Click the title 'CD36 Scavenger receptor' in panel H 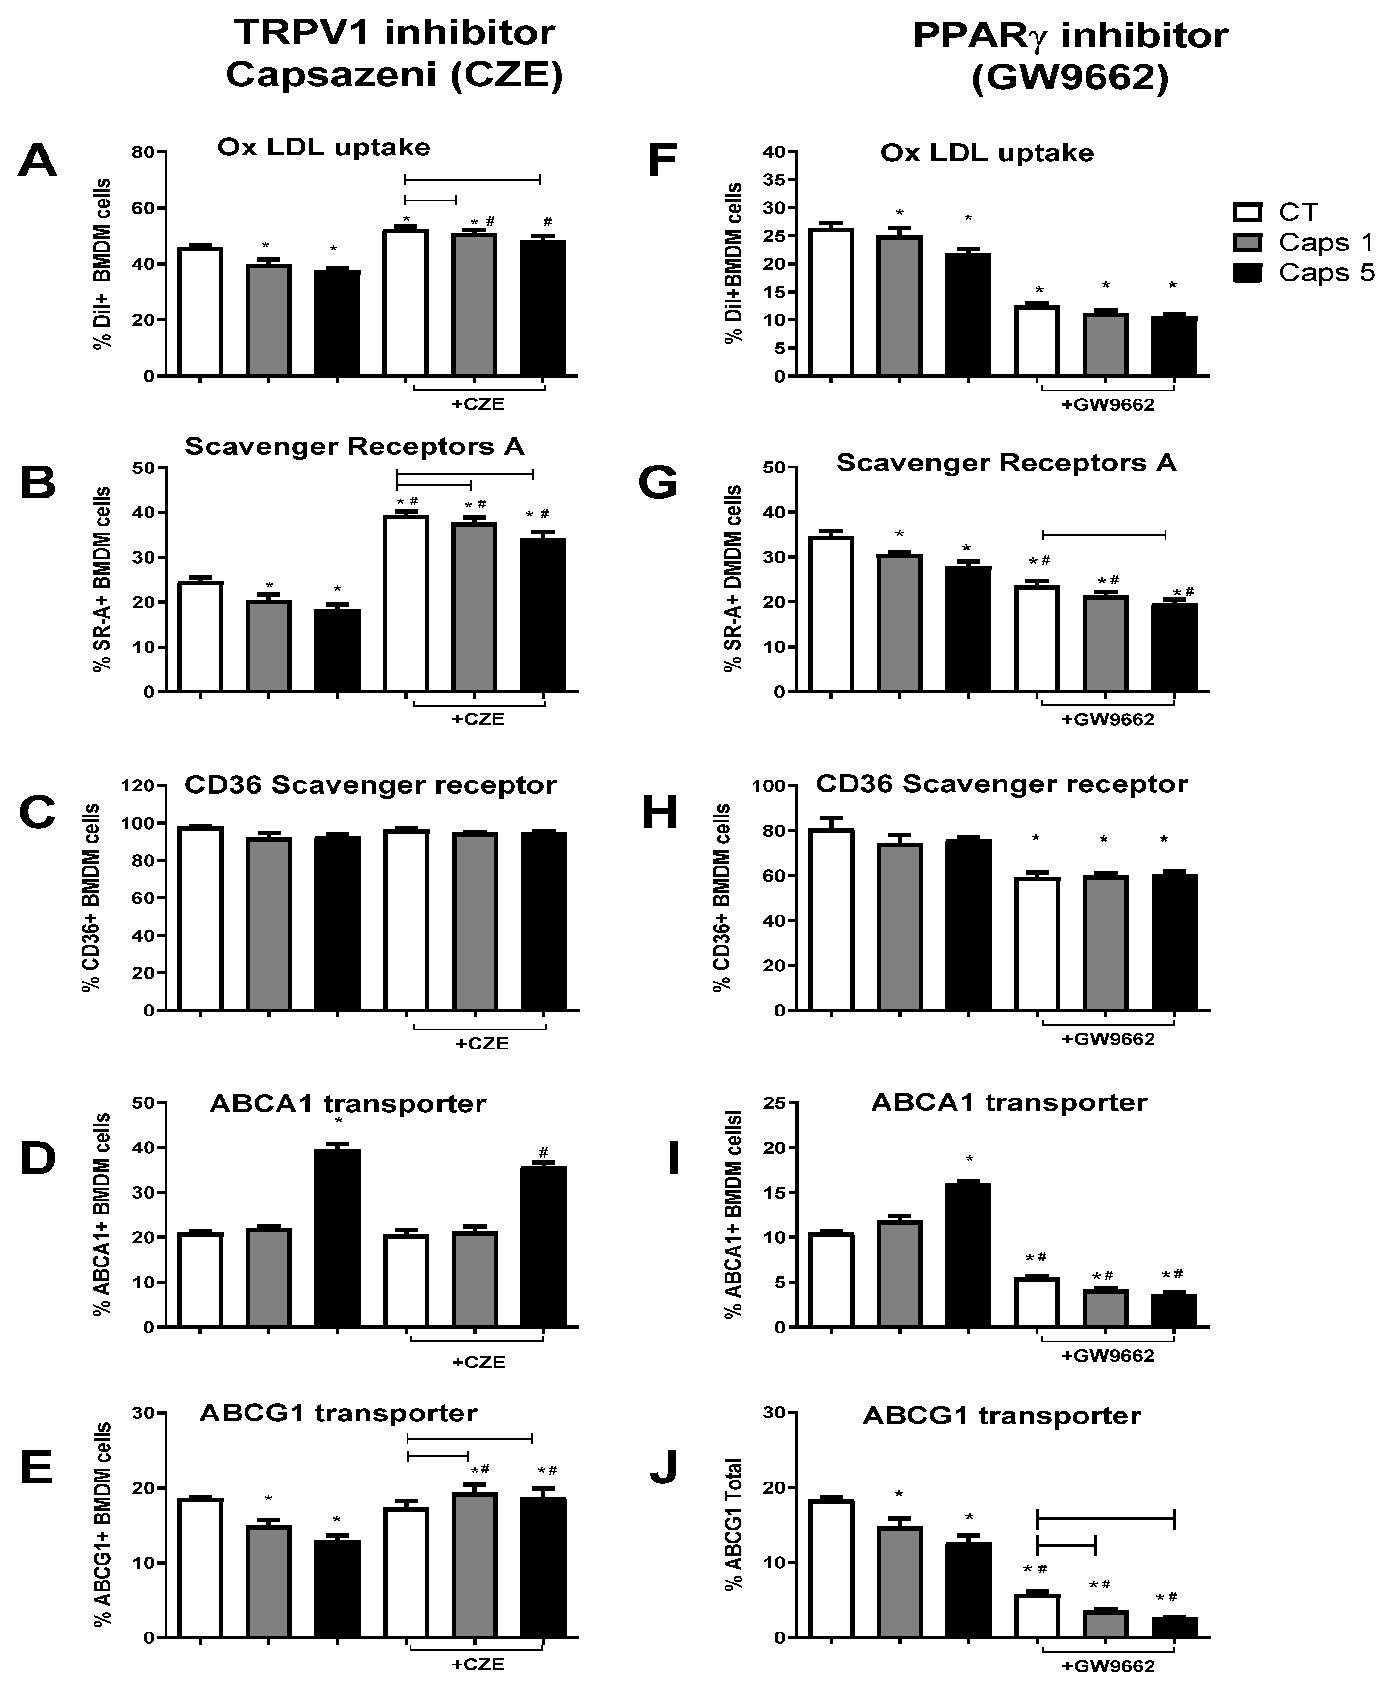(1001, 784)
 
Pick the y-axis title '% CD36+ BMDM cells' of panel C (92, 897)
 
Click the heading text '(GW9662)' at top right (1070, 80)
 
